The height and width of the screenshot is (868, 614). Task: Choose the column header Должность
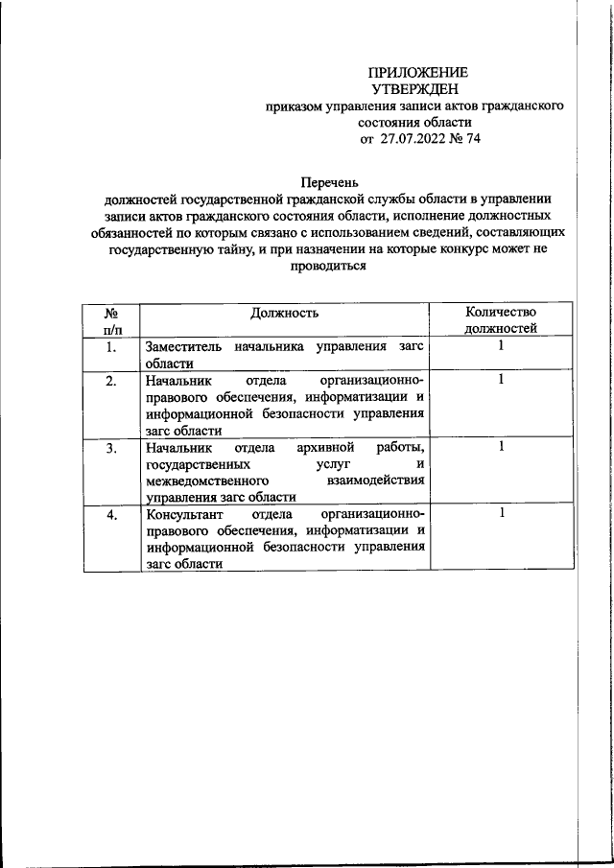pyautogui.click(x=284, y=313)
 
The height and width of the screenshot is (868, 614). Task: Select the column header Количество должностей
pyautogui.click(x=500, y=320)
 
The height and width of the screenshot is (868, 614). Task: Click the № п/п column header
pyautogui.click(x=110, y=320)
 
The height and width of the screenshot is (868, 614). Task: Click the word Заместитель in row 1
pyautogui.click(x=183, y=346)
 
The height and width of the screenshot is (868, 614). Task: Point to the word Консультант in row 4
pyautogui.click(x=184, y=515)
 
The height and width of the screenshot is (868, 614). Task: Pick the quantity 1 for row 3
pyautogui.click(x=501, y=447)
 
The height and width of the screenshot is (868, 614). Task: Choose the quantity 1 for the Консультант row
pyautogui.click(x=501, y=514)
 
